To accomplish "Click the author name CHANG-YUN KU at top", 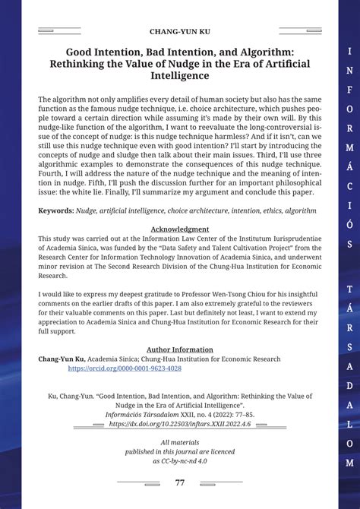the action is click(179, 32).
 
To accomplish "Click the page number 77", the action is click(179, 483).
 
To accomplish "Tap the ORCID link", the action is click(125, 368).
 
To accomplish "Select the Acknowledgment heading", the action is click(179, 229).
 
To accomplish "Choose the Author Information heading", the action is click(179, 349).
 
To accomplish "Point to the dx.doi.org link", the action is click(179, 425).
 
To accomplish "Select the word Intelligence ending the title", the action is click(179, 75).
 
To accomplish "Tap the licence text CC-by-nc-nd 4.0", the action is click(179, 461).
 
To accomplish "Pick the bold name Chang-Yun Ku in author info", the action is click(62, 359).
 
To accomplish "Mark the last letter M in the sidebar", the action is click(349, 462).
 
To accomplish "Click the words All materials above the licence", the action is click(179, 443).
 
